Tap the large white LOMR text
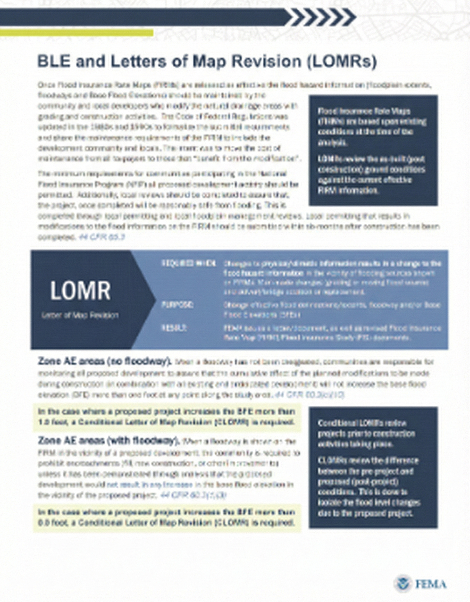(x=80, y=291)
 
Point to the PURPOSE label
(x=177, y=305)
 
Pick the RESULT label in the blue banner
(x=174, y=328)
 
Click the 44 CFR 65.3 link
(x=102, y=237)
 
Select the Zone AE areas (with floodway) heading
(x=108, y=441)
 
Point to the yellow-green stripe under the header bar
(x=76, y=32)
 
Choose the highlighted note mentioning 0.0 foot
(x=166, y=518)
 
